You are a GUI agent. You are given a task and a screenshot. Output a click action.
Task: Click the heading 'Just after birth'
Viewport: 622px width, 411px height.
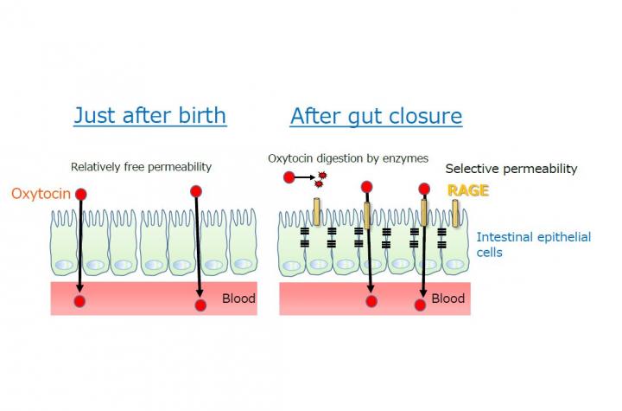(150, 116)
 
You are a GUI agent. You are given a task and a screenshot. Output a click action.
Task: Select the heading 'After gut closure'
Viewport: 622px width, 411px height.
(376, 117)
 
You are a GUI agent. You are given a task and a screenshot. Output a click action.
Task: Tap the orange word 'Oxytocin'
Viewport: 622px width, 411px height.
(41, 194)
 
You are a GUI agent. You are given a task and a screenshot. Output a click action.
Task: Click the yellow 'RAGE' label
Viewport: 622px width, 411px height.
(468, 191)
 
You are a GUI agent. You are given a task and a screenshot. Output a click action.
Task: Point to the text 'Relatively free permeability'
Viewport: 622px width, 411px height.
(141, 167)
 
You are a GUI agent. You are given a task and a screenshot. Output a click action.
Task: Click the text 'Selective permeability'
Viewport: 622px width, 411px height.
(511, 169)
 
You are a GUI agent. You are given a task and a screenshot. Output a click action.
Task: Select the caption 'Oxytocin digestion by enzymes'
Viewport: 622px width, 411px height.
(348, 158)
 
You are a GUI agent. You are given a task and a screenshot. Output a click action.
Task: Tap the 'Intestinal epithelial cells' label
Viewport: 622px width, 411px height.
(534, 245)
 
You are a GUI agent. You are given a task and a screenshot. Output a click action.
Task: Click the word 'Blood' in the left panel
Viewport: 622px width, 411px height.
(238, 299)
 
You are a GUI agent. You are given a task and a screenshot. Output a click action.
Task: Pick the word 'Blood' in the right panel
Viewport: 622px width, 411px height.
(447, 299)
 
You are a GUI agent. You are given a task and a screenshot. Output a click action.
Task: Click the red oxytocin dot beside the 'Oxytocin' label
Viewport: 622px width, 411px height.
(81, 195)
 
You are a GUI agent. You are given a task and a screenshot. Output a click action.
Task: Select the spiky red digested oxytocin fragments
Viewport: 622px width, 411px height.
(321, 179)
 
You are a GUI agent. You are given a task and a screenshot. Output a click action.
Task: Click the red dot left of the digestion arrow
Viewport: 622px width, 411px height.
(289, 177)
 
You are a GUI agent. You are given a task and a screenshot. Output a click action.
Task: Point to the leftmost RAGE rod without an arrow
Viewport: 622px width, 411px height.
(316, 212)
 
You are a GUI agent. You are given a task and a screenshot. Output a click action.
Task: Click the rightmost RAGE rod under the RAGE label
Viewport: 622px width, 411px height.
(455, 214)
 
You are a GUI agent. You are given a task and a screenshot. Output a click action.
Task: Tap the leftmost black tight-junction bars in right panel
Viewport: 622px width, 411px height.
(305, 237)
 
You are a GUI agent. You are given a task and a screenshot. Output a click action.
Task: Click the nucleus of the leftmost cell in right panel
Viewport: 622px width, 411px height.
(292, 266)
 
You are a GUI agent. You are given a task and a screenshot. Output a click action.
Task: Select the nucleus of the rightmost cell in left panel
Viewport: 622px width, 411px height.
(243, 264)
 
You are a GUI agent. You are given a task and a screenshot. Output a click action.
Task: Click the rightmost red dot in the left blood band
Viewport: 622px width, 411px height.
(200, 305)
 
